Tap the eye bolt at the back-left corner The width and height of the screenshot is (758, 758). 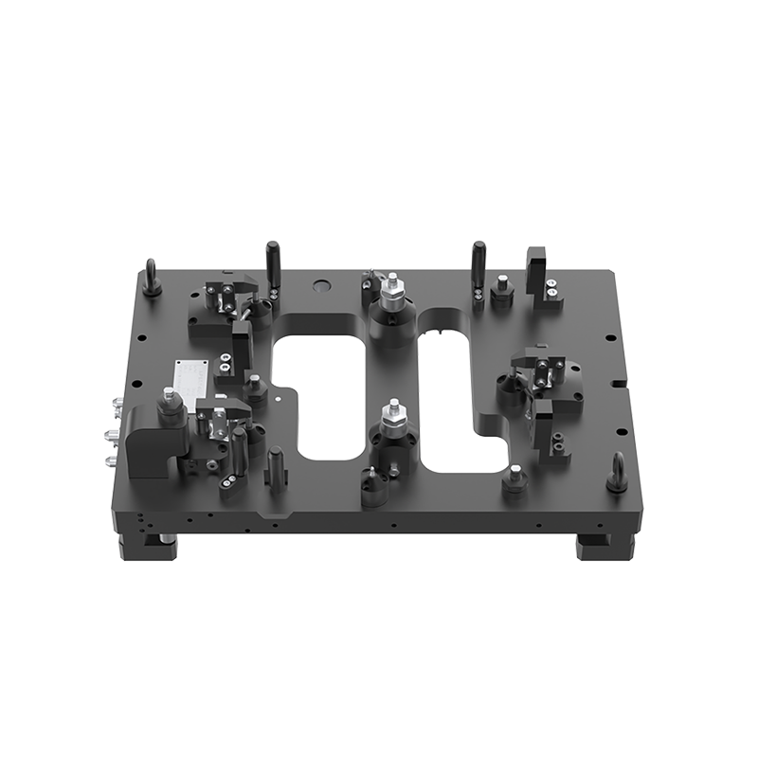point(151,280)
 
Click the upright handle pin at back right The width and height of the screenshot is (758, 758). point(478,260)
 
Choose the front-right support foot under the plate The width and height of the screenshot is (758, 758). point(602,548)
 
